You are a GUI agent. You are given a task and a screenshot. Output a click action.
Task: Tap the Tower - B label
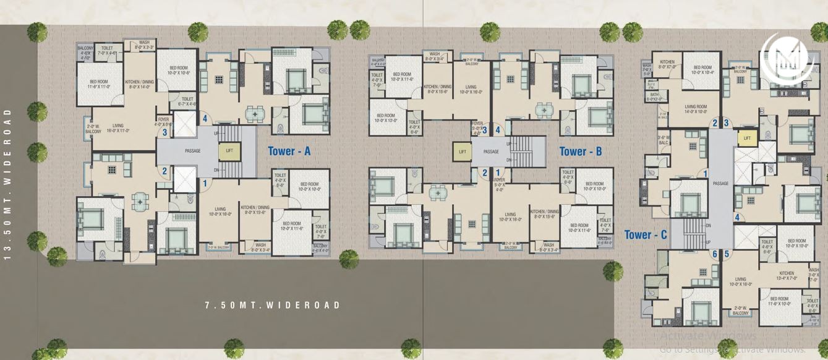pyautogui.click(x=581, y=151)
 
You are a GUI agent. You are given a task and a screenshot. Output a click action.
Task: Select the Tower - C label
pyautogui.click(x=645, y=234)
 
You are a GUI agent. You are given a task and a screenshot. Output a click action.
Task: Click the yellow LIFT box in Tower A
pyautogui.click(x=229, y=151)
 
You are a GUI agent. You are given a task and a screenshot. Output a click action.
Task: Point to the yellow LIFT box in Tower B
pyautogui.click(x=461, y=152)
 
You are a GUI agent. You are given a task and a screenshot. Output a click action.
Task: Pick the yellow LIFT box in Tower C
pyautogui.click(x=747, y=139)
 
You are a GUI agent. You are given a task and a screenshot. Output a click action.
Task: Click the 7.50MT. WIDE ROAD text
pyautogui.click(x=273, y=305)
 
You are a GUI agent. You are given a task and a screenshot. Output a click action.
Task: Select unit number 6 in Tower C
pyautogui.click(x=715, y=254)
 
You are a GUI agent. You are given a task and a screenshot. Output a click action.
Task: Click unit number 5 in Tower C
pyautogui.click(x=727, y=254)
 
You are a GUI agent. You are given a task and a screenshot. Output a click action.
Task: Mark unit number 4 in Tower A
pyautogui.click(x=205, y=119)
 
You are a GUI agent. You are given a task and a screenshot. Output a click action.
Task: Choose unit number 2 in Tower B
pyautogui.click(x=485, y=173)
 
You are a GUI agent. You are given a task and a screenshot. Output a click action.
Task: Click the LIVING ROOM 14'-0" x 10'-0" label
pyautogui.click(x=696, y=109)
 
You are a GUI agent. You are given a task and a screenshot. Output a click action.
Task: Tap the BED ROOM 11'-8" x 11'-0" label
pyautogui.click(x=99, y=84)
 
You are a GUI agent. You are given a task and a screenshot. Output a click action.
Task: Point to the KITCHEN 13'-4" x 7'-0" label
pyautogui.click(x=786, y=275)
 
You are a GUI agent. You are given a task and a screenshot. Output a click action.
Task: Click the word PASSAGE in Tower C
pyautogui.click(x=720, y=183)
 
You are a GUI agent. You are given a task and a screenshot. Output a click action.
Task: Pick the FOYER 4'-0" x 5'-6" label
pyautogui.click(x=163, y=121)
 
